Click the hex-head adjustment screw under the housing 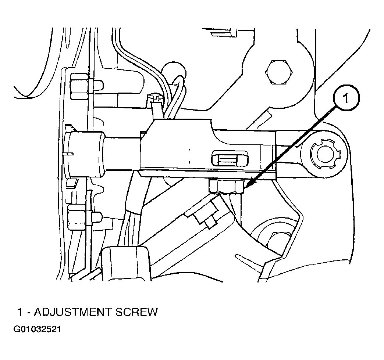[226, 186]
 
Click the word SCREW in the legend [136, 312]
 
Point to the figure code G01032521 [37, 330]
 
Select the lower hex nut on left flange [77, 217]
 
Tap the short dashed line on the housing [189, 156]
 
